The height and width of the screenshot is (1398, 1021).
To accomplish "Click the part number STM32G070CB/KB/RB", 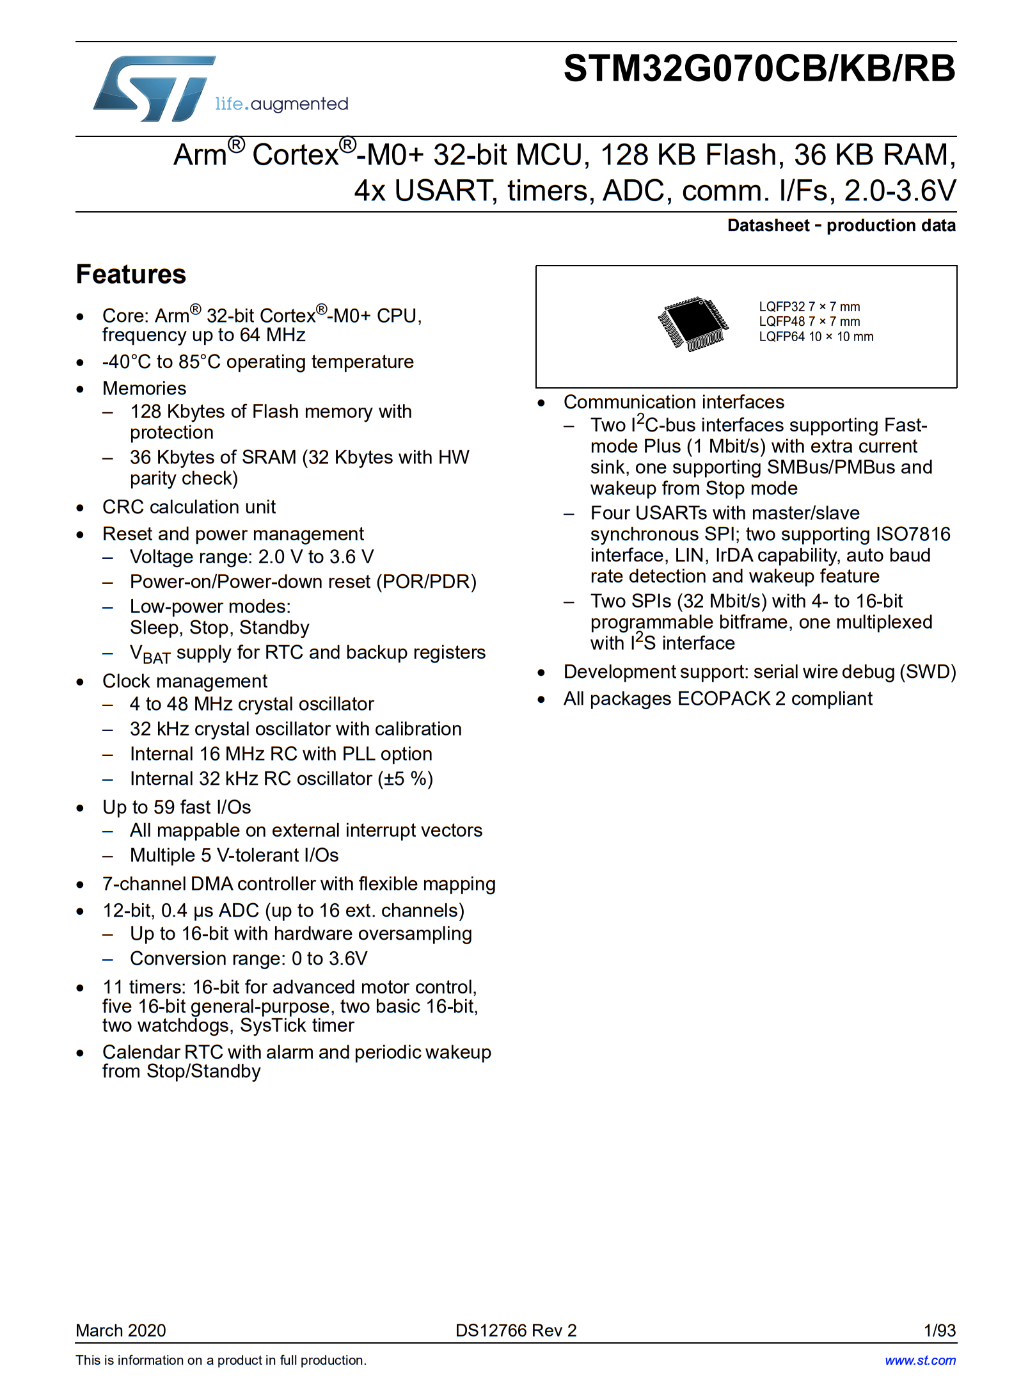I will coord(759,69).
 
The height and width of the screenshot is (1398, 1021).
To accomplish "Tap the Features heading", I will coord(131,275).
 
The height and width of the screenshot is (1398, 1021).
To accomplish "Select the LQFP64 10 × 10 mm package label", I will coord(816,337).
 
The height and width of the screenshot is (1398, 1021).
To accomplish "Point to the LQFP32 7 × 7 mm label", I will coord(809,307).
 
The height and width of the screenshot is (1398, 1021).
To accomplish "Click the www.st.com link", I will coord(920,1360).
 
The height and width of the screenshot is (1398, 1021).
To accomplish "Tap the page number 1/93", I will coord(939,1330).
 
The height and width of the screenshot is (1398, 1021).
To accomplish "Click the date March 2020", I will coord(121,1330).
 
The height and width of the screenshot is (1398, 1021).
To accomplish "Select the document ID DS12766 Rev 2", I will coord(516,1330).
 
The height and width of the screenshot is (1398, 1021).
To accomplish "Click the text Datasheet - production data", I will coord(841,226).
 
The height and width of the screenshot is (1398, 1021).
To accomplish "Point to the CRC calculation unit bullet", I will coord(189,507).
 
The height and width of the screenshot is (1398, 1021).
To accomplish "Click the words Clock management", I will coord(185,681).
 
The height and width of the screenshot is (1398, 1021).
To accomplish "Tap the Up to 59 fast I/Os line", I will coord(177,807).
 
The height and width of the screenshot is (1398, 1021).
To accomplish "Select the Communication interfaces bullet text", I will coord(674,402).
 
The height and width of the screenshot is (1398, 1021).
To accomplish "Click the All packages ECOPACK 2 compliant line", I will coord(718,698).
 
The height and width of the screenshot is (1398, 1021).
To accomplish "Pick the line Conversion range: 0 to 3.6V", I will coord(249,958).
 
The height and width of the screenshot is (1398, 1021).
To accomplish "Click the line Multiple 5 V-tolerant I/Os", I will coord(234,855).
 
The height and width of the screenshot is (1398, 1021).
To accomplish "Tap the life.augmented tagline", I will coord(281,104).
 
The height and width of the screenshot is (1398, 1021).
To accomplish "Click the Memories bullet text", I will coord(145,389).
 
